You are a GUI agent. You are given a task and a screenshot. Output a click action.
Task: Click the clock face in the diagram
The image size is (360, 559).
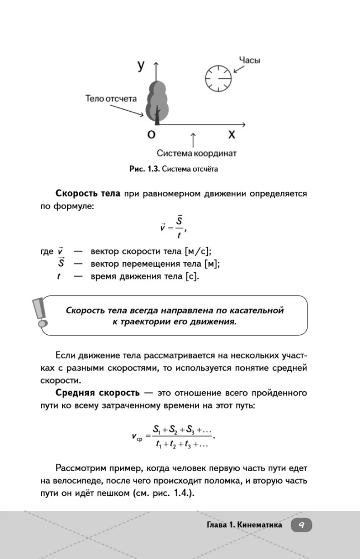[x=217, y=78]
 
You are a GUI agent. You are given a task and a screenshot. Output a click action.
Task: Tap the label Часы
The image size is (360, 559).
[x=250, y=60]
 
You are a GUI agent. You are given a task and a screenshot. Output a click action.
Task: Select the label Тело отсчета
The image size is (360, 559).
[x=111, y=98]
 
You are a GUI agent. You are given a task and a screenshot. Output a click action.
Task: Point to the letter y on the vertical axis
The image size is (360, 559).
[x=141, y=65]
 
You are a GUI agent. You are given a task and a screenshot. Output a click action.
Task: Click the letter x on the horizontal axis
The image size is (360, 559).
[x=231, y=134]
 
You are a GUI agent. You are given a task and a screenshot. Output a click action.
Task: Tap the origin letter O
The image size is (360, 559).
[x=151, y=134]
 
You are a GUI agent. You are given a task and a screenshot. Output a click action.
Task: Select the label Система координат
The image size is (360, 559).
[x=197, y=153]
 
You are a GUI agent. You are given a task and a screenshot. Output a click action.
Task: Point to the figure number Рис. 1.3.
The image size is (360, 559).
[x=145, y=168]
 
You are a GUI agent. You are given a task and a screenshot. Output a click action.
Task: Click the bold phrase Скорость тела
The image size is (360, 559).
[x=88, y=193]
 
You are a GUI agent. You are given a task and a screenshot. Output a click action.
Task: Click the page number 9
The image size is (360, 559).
[x=301, y=525]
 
